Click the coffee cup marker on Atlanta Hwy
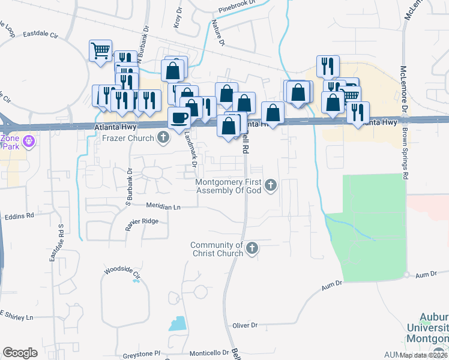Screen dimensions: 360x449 click(178, 118)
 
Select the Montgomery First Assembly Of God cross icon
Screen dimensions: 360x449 click(271, 185)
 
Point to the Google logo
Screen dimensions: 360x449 click(20, 353)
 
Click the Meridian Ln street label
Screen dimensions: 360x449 click(164, 206)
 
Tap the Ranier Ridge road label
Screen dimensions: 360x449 click(142, 222)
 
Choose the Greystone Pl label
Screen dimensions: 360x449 click(142, 354)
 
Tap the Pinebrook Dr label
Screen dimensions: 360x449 click(243, 11)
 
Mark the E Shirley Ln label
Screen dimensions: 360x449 click(17, 316)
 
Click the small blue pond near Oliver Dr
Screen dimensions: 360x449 click(178, 324)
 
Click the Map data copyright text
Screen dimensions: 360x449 click(423, 355)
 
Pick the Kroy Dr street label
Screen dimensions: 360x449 click(178, 19)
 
